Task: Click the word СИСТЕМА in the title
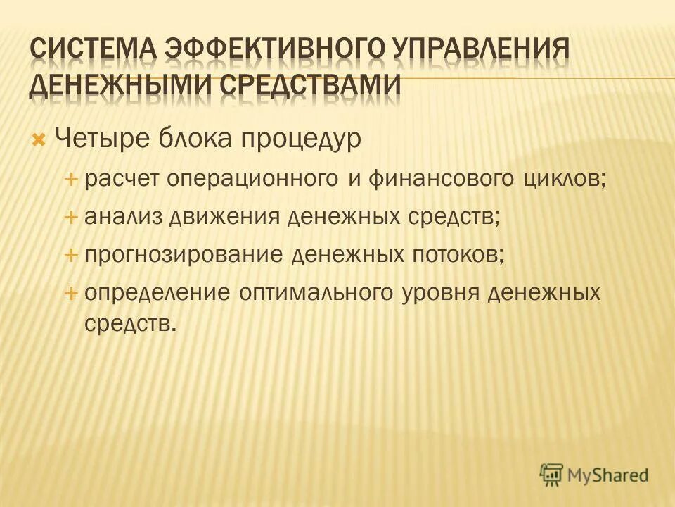click(91, 51)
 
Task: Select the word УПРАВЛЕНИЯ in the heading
click(479, 51)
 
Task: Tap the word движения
click(224, 217)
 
